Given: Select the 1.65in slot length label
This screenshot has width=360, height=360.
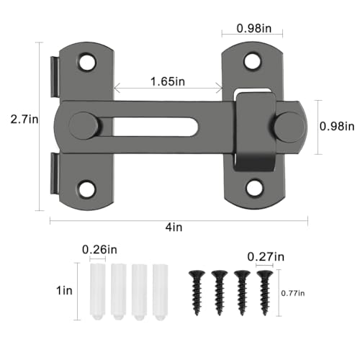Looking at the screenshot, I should (x=167, y=82).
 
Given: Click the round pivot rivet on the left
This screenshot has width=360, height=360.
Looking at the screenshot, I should (x=84, y=125).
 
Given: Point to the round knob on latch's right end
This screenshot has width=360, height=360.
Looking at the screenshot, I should (x=290, y=126).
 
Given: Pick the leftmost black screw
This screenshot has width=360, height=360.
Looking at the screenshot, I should (x=195, y=291).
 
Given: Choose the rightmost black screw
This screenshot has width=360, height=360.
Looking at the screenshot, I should (x=264, y=291).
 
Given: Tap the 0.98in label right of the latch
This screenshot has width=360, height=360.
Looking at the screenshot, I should (x=336, y=127).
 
